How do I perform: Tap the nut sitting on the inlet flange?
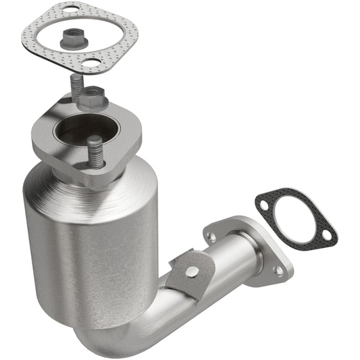point(93,99)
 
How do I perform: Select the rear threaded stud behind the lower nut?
point(75,86)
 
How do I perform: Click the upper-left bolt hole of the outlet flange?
point(212,237)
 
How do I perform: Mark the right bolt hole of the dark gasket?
point(326,234)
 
